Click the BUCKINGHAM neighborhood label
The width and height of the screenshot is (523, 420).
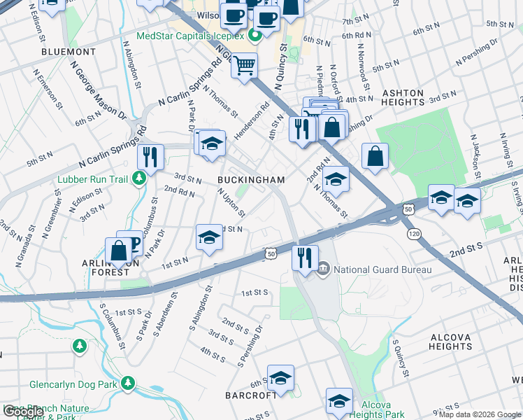pos(251,180)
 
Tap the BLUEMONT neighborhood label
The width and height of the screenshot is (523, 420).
pos(69,52)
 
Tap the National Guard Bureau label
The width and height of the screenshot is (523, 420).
pos(382,269)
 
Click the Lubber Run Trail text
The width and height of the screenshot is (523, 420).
pos(98,179)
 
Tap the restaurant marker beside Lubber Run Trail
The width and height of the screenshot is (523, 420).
pos(150,156)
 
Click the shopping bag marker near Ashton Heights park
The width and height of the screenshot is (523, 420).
pos(375,156)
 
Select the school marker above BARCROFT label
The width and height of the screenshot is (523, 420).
pos(280,379)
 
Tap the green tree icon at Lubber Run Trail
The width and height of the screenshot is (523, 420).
pos(139,179)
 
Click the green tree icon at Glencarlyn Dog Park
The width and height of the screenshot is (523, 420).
pos(128,384)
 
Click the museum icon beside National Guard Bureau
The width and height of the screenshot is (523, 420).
pos(324,269)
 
